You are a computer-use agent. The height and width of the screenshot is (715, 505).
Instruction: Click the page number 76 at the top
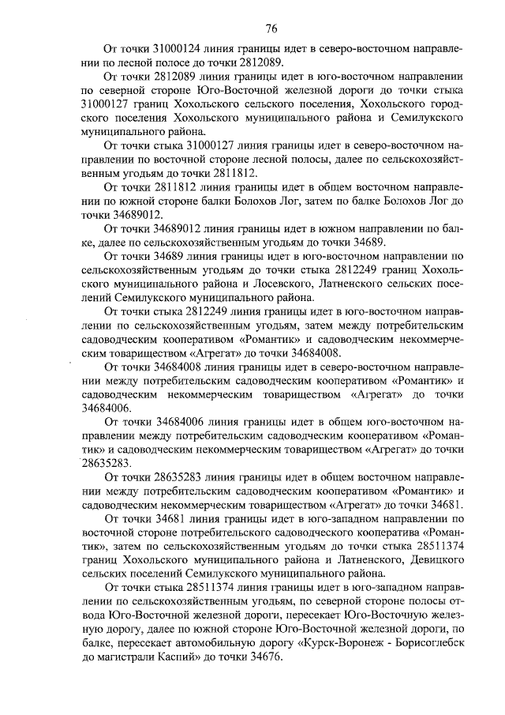271,29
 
